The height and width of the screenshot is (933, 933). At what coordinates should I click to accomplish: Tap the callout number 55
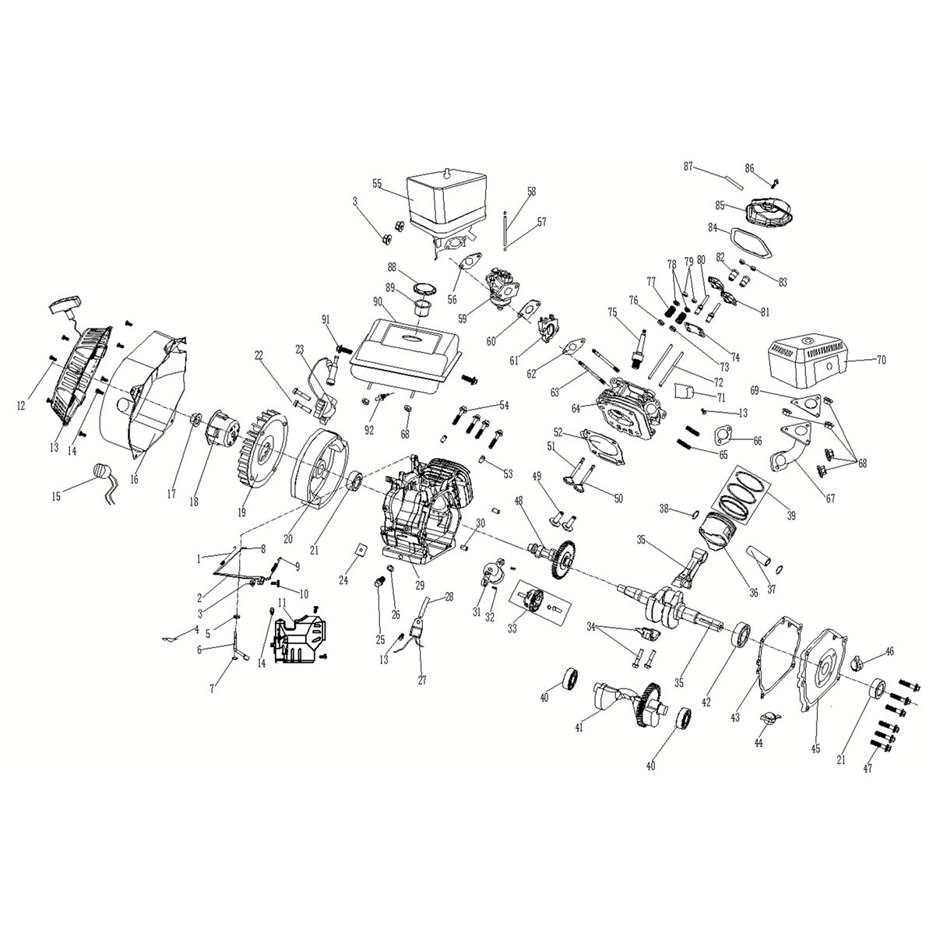tap(377, 184)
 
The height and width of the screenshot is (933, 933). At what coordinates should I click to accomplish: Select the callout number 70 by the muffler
tap(880, 360)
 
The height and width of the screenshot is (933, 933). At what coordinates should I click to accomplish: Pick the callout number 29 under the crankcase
tap(420, 586)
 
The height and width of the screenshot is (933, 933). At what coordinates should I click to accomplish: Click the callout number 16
tap(135, 478)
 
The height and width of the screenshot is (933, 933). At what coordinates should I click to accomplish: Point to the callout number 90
tap(377, 302)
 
